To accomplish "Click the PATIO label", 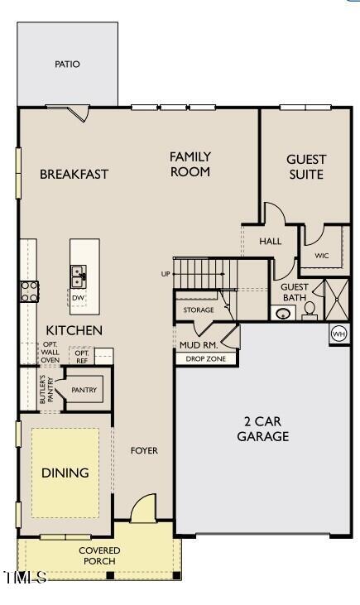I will coord(68,64).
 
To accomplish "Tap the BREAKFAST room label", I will coord(74,174).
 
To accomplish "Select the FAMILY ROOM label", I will coord(190,164).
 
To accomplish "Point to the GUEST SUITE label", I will coord(306,166).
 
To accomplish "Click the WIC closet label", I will coord(322,256).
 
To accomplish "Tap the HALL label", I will coord(271,242).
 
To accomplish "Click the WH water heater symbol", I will coord(338,333).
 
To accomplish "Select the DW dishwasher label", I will coord(79,297).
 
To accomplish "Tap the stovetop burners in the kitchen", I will coord(29,290).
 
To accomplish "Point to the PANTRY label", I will coord(84,390).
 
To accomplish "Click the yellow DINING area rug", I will coord(65,473).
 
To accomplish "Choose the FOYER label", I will coord(144,450).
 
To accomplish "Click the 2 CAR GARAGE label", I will coord(263,429).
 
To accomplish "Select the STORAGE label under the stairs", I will coord(199,310).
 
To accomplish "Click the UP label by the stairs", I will coord(166,273).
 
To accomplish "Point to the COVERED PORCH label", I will coord(99,555).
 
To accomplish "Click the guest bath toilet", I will coord(310,310).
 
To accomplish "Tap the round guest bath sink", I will coord(283,314).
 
